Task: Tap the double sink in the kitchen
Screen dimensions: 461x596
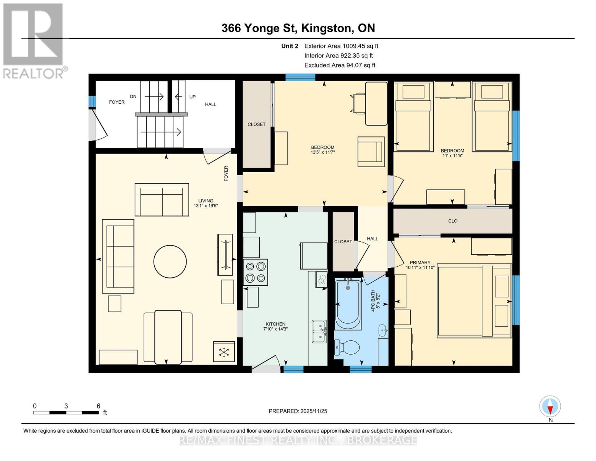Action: click(319, 331)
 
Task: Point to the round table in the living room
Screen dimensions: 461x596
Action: click(170, 262)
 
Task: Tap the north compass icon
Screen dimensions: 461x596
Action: click(550, 406)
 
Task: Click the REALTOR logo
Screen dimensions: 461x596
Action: click(33, 40)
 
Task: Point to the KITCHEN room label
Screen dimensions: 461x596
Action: click(275, 324)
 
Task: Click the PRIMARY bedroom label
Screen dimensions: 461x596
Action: click(420, 262)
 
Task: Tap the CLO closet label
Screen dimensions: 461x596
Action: click(452, 221)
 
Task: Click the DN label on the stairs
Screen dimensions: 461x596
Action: click(133, 96)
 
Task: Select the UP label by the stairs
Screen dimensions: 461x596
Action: click(192, 97)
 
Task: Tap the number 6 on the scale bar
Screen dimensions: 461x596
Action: click(99, 406)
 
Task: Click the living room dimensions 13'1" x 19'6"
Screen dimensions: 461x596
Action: click(206, 206)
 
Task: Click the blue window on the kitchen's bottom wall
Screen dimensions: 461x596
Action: click(293, 369)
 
